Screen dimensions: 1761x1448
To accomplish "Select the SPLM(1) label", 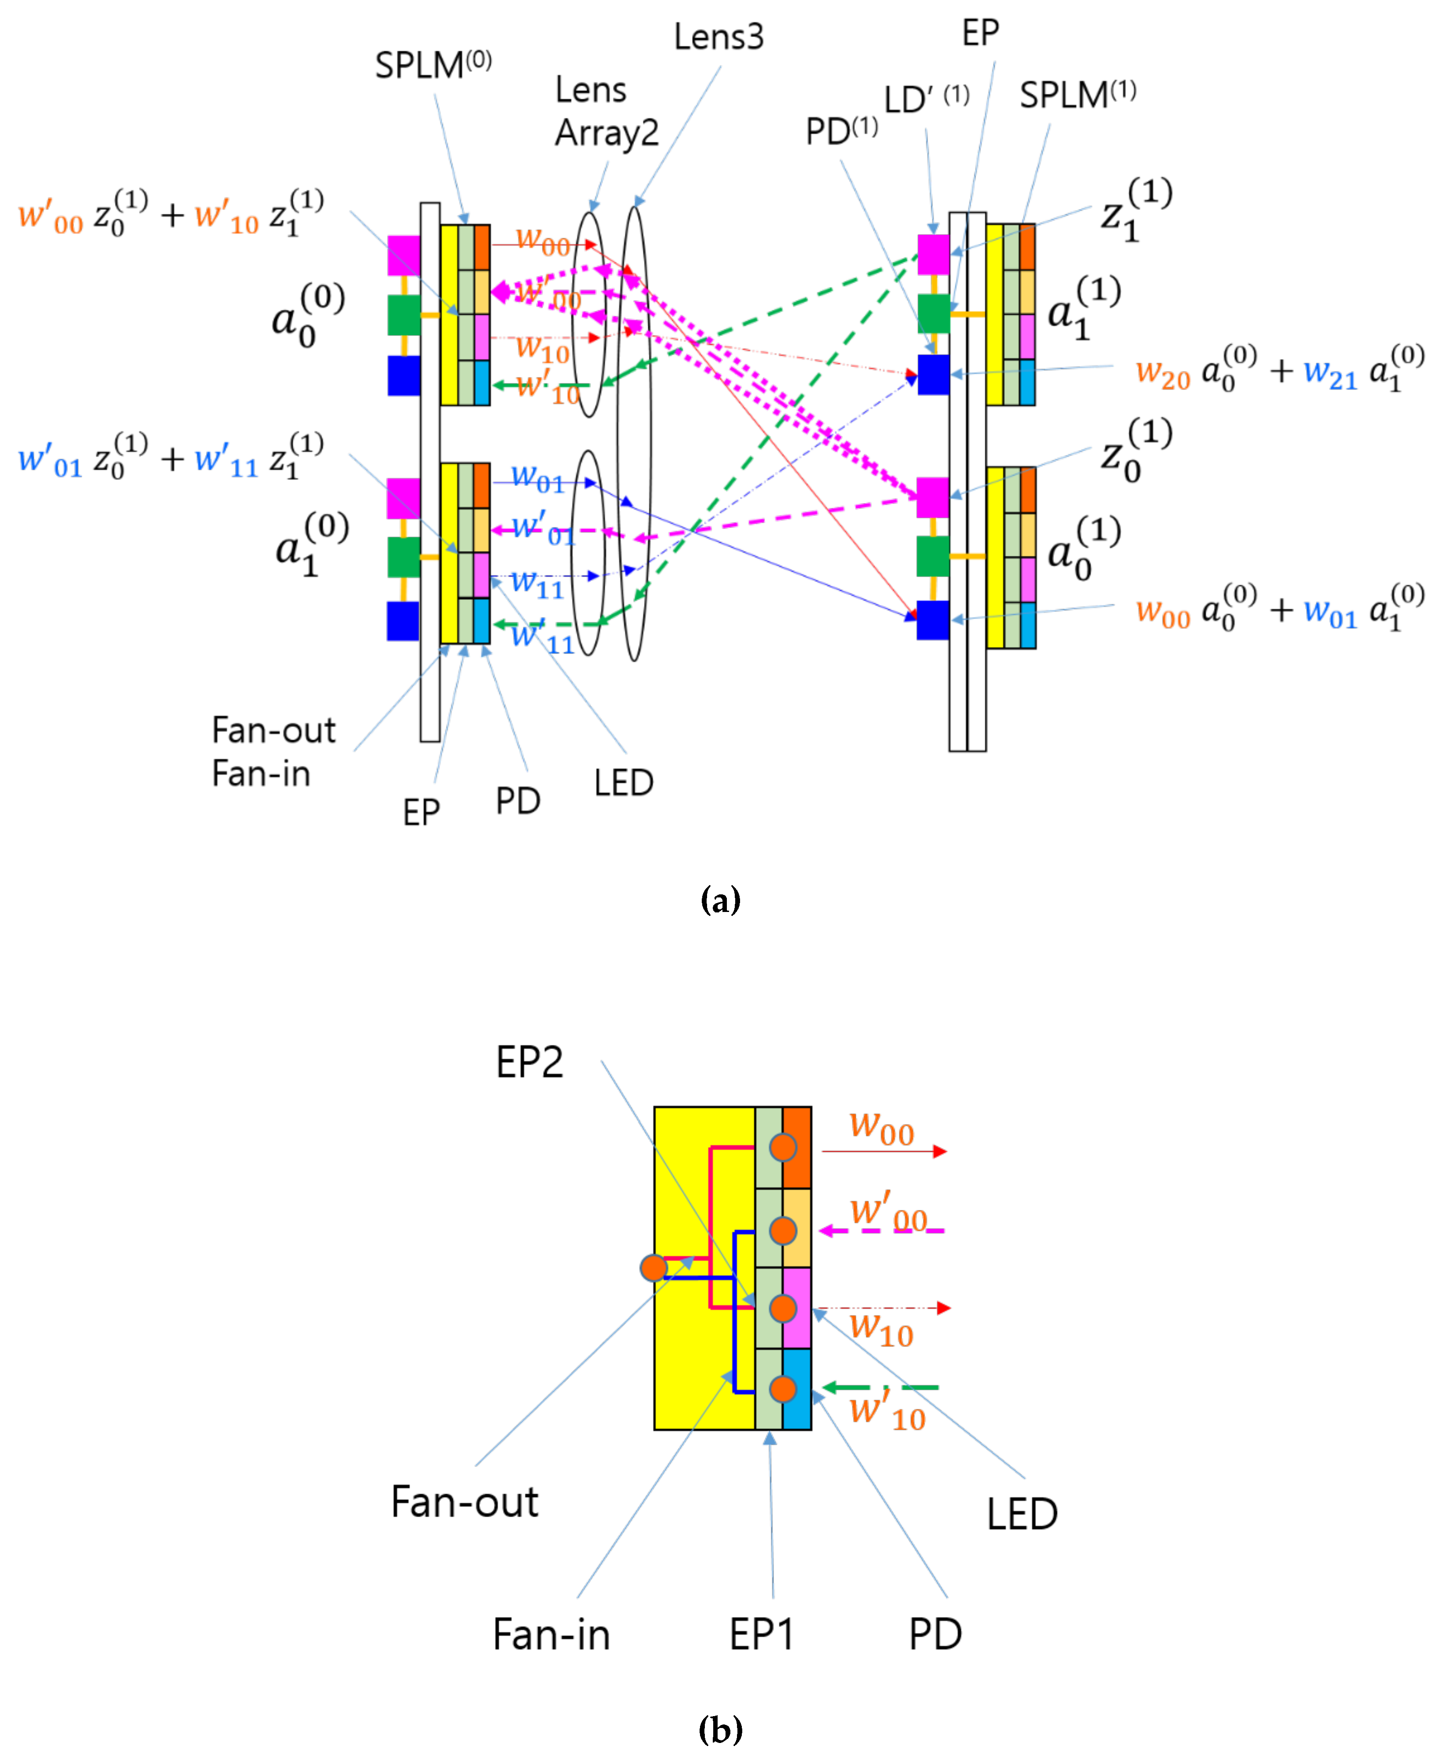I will (x=1077, y=95).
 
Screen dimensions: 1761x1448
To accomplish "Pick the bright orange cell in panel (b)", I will (x=796, y=1147).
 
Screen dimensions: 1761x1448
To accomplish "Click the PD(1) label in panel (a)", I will (x=841, y=132).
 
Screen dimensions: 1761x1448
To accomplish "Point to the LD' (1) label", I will (x=926, y=99).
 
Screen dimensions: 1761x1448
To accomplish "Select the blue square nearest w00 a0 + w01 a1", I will (x=932, y=620).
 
